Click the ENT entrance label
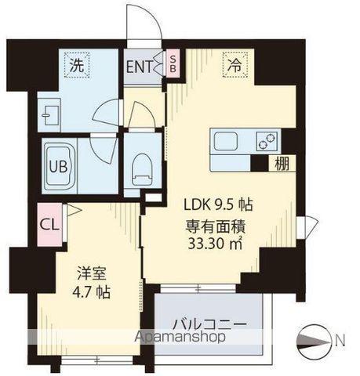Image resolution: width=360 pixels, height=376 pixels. (140, 66)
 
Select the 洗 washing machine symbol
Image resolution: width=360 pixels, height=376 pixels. (77, 66)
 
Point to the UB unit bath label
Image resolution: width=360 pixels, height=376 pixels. (58, 168)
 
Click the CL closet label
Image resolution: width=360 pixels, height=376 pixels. (49, 222)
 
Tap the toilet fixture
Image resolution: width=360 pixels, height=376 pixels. (143, 165)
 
